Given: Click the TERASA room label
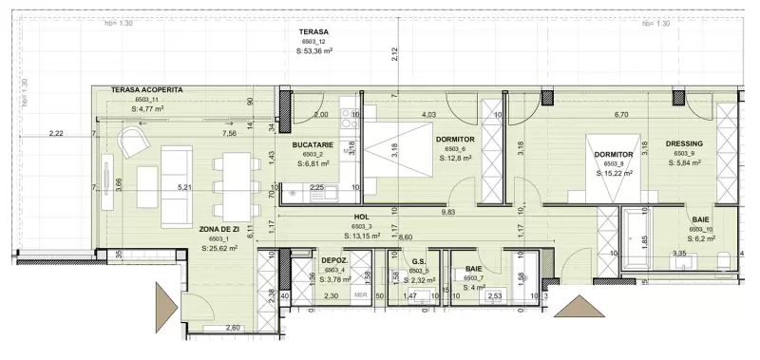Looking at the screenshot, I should pyautogui.click(x=313, y=32).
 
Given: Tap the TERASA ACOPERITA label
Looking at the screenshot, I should pyautogui.click(x=146, y=89).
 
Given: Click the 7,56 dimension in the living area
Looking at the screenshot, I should pyautogui.click(x=229, y=134).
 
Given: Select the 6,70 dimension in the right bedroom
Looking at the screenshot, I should pyautogui.click(x=622, y=115).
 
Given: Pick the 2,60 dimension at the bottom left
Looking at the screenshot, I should pyautogui.click(x=232, y=328).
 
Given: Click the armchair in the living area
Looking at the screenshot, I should pyautogui.click(x=132, y=145).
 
